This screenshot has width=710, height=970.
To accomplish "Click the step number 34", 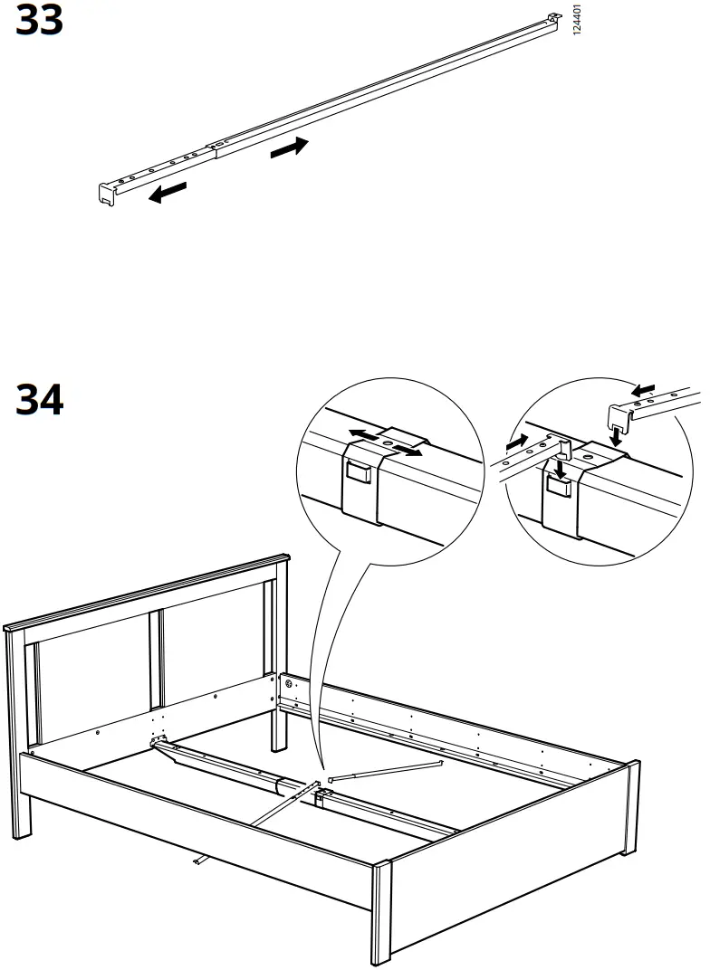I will point(40,400).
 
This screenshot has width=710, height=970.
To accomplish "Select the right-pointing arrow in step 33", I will point(289,147).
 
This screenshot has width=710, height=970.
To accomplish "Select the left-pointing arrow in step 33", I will point(168,193).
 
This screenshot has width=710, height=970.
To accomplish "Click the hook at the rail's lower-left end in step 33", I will point(108,192).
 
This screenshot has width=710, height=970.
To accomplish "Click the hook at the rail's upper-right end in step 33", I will point(552,19).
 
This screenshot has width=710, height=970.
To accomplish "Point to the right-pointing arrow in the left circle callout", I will point(408,449).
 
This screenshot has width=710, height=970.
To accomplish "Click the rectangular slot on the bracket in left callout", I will point(358,471).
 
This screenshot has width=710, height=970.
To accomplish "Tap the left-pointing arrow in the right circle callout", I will point(645,391).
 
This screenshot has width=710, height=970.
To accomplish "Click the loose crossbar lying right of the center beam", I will point(386,769).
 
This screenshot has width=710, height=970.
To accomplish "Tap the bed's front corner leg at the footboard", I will point(381,914).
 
